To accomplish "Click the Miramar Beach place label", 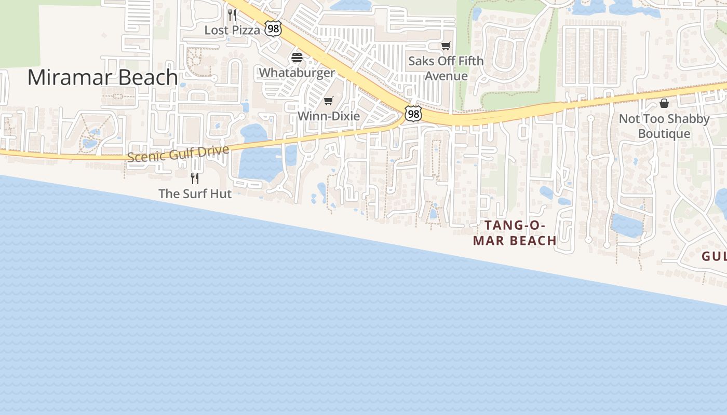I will click(102, 77).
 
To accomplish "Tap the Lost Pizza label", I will click(232, 30).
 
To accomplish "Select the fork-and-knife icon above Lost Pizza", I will click(232, 15).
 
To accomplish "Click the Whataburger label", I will click(297, 72).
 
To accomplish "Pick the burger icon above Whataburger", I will click(297, 57).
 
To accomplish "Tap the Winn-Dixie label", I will click(328, 116).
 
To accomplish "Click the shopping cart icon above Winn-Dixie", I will click(328, 101).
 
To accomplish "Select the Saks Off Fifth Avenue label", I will click(446, 68).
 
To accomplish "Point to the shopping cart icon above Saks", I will click(446, 46).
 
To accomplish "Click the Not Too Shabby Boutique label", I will click(664, 126).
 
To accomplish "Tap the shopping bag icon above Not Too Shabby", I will click(664, 103).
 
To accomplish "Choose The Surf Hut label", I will click(195, 193).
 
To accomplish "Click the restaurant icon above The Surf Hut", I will click(195, 178).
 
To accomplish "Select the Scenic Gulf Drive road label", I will click(178, 154).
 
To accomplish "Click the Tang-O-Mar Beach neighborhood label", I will click(514, 233).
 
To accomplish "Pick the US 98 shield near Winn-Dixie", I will click(413, 114).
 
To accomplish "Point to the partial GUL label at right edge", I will click(714, 256).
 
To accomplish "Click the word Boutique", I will click(664, 134).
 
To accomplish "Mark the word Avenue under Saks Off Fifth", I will click(446, 76).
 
